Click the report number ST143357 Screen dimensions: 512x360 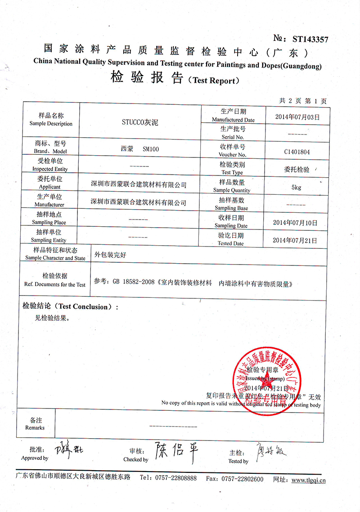(310, 39)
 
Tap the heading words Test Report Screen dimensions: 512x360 (214, 81)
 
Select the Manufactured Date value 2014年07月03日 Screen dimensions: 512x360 (297, 117)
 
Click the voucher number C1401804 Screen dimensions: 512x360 (297, 152)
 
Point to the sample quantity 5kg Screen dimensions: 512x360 (297, 187)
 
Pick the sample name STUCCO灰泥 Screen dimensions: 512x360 (140, 121)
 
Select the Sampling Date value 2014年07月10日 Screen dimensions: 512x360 (295, 222)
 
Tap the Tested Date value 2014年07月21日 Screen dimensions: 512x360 (295, 240)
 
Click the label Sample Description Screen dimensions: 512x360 (51, 124)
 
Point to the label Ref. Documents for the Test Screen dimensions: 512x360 (55, 285)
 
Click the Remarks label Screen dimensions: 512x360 (35, 427)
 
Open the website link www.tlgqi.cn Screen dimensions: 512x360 (308, 480)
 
